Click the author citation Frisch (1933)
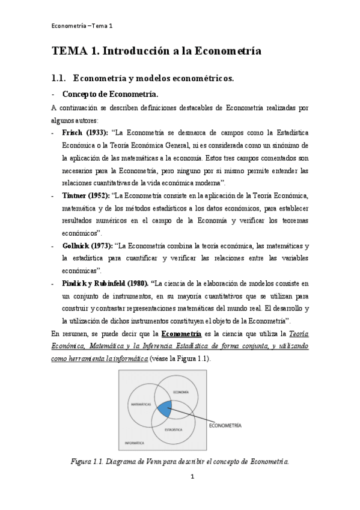coord(85,132)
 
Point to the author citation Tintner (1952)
coord(85,196)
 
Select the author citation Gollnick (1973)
coord(88,247)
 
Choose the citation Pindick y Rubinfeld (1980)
coord(105,283)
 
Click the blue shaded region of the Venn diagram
coord(163,411)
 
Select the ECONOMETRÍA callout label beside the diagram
coord(225,425)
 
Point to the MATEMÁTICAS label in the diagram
coord(141,405)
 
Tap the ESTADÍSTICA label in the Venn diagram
coord(175,430)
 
